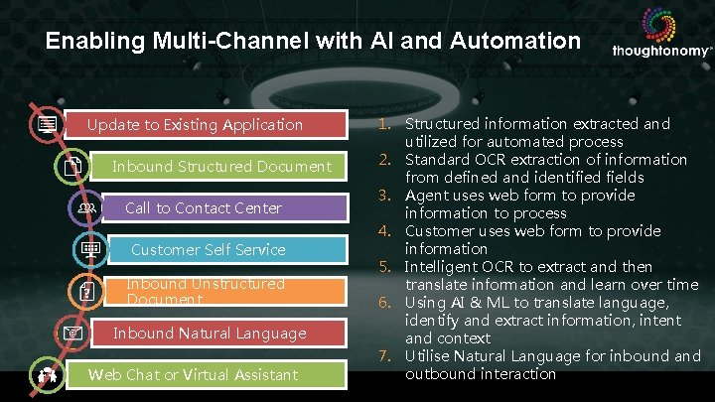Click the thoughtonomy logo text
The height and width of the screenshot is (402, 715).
[661, 51]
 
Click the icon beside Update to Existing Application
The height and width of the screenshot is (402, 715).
[46, 125]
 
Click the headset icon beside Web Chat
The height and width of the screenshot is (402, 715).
[46, 375]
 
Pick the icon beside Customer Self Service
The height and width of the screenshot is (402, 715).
[90, 250]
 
